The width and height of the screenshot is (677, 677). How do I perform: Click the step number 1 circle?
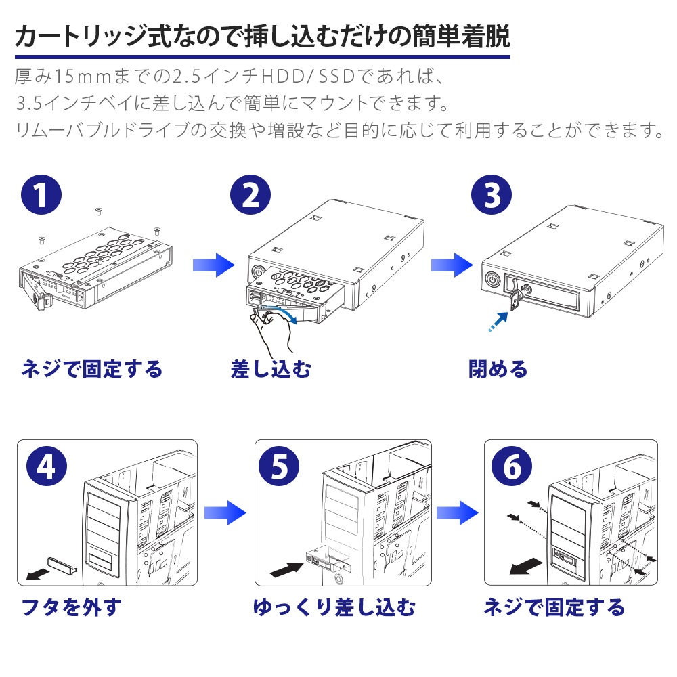[40, 196]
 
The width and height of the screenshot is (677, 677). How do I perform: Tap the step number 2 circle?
[250, 196]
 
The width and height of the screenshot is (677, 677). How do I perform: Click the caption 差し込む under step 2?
[270, 370]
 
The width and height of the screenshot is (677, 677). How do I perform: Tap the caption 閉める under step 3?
[498, 370]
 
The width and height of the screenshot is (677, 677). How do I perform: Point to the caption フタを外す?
[72, 607]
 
